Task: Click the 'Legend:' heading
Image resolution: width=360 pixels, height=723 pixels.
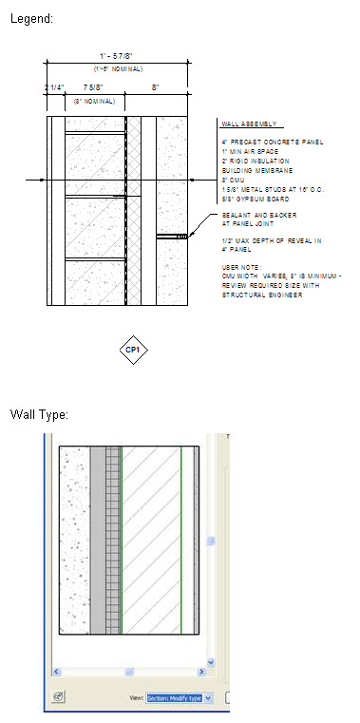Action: (x=31, y=18)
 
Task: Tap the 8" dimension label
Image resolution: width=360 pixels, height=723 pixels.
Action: (x=156, y=88)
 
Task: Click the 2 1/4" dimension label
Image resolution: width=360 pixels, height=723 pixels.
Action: (x=53, y=88)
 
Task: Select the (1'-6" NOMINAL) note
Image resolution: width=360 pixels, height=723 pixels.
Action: (x=117, y=69)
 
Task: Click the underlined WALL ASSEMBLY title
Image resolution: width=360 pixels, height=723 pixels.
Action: (x=246, y=124)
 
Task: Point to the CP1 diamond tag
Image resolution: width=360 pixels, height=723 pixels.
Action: (x=133, y=350)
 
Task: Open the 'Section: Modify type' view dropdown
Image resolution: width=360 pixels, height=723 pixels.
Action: (x=179, y=697)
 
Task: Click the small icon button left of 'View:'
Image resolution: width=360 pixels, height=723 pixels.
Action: (x=59, y=697)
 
